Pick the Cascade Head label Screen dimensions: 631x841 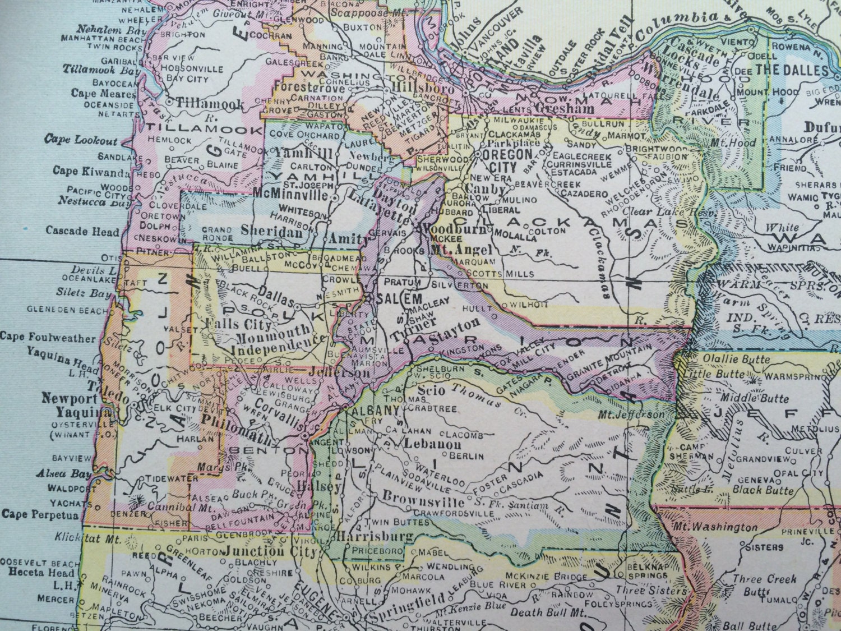click(x=83, y=231)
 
